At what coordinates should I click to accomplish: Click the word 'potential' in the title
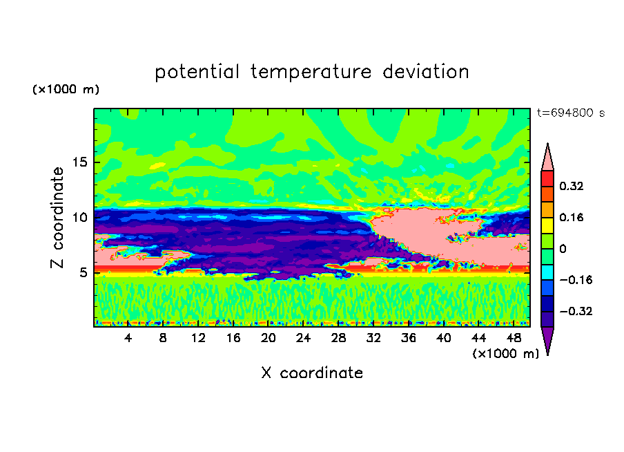coord(197,73)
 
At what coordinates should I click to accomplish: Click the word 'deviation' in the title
coord(426,72)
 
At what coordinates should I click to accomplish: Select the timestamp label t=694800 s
coord(571,113)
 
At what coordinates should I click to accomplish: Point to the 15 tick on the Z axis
coord(80,162)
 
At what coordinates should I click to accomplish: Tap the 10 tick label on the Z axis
coord(80,218)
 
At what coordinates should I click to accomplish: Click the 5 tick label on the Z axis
coord(83,272)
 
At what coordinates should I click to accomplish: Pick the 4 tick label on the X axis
coord(128,338)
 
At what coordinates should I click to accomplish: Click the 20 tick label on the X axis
coord(269,338)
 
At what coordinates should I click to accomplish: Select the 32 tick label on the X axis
coord(373,338)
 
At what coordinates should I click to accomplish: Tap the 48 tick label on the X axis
coord(514,338)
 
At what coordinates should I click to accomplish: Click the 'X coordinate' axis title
coord(312,373)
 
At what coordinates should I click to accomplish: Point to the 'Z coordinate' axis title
coord(57,217)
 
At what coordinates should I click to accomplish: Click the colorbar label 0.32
coord(572,186)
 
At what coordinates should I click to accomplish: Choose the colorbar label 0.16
coord(572,217)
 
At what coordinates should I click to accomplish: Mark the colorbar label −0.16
coord(576,280)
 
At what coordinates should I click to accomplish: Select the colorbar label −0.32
coord(576,311)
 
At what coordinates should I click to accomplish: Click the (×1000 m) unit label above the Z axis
coord(66,89)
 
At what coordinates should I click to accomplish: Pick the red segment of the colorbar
coord(547,178)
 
